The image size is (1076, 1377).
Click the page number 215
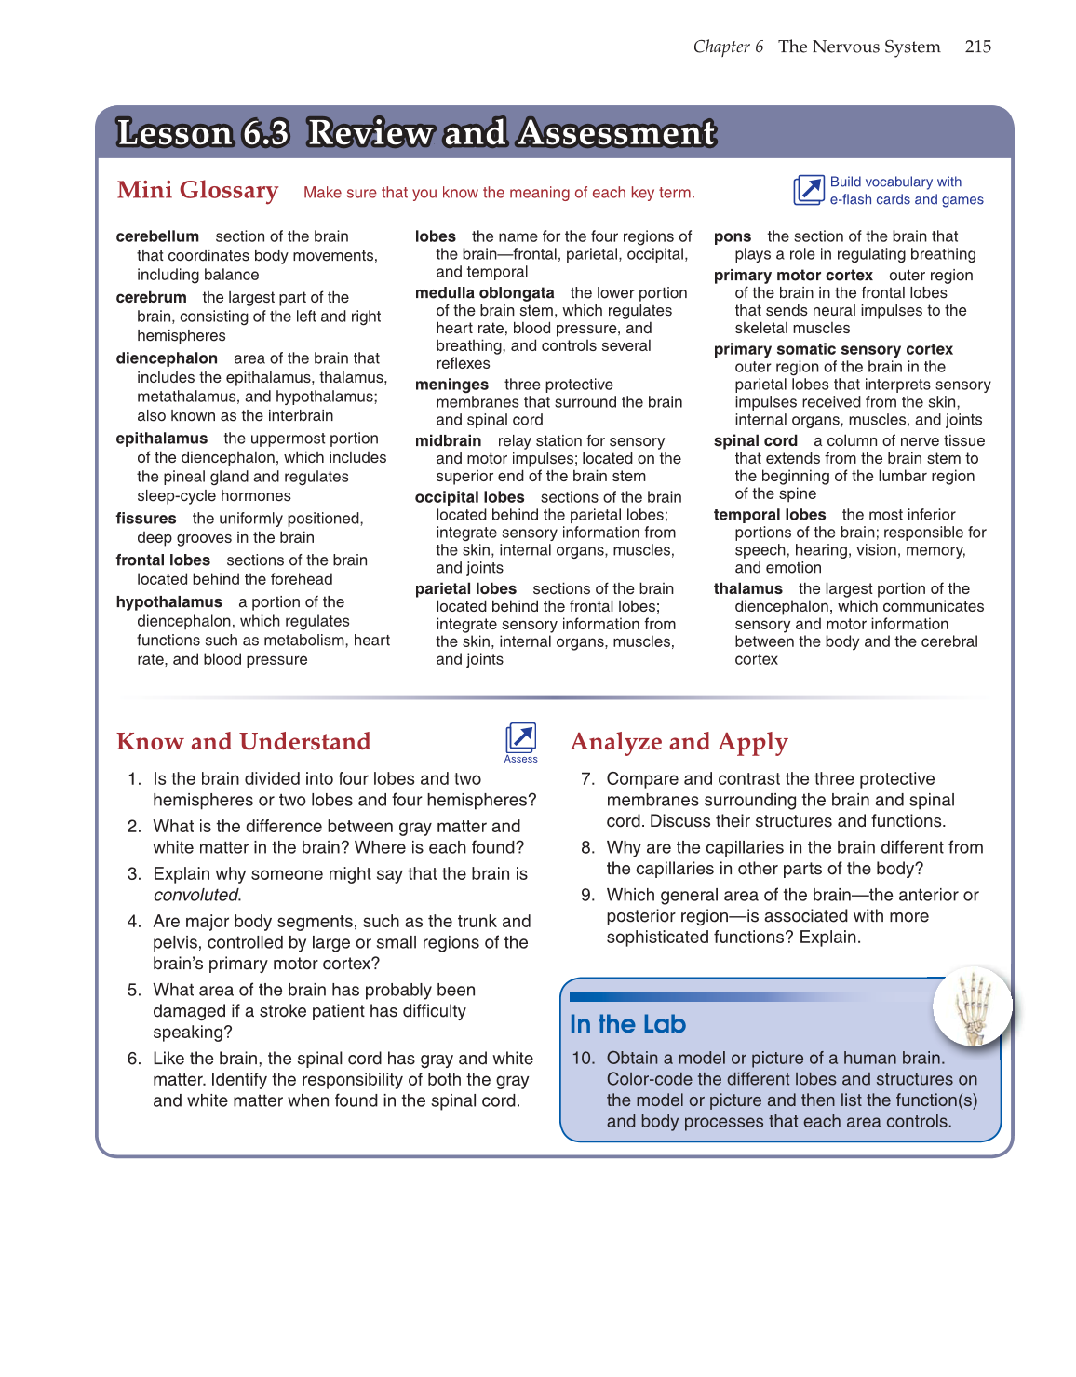click(977, 47)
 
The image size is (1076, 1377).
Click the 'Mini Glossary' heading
click(197, 190)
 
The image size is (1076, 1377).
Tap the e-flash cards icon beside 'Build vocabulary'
click(808, 190)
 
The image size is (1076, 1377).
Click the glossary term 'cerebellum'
click(157, 236)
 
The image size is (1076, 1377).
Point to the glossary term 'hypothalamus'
click(168, 602)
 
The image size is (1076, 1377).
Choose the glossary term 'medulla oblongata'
click(484, 293)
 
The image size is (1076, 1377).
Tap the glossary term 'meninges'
click(451, 385)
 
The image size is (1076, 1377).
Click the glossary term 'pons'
click(732, 236)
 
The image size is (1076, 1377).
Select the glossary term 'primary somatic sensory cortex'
click(833, 349)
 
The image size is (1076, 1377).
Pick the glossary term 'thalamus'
click(747, 588)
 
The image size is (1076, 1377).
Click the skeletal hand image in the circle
click(972, 1006)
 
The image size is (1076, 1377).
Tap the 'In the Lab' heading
click(627, 1024)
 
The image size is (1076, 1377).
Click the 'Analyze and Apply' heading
click(679, 742)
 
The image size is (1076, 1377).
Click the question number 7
click(587, 778)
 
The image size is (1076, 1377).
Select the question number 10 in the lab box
click(583, 1058)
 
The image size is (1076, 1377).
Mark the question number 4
click(134, 921)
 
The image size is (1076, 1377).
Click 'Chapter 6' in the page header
click(728, 47)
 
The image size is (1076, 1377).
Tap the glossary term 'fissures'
click(146, 519)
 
